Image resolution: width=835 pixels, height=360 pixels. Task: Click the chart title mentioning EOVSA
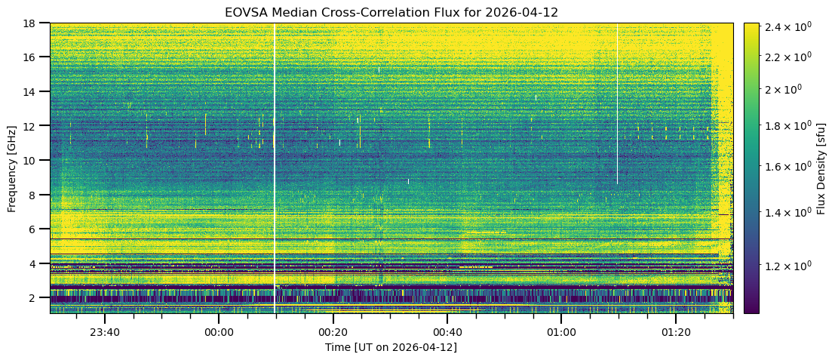tap(391, 13)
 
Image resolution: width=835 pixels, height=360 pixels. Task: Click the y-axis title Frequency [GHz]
tap(12, 168)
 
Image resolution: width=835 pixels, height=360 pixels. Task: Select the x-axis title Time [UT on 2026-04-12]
tap(391, 347)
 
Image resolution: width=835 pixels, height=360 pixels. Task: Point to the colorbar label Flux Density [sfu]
tap(821, 168)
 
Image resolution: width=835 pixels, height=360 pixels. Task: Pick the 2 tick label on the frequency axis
tap(38, 297)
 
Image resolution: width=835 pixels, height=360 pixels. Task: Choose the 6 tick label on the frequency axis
tap(38, 229)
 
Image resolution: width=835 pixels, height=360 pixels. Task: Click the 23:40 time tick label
tap(105, 332)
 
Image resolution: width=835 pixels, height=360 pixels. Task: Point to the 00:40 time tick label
tap(447, 332)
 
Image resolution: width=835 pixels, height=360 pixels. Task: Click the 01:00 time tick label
tap(561, 332)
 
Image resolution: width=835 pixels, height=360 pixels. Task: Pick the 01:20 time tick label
tap(676, 332)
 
